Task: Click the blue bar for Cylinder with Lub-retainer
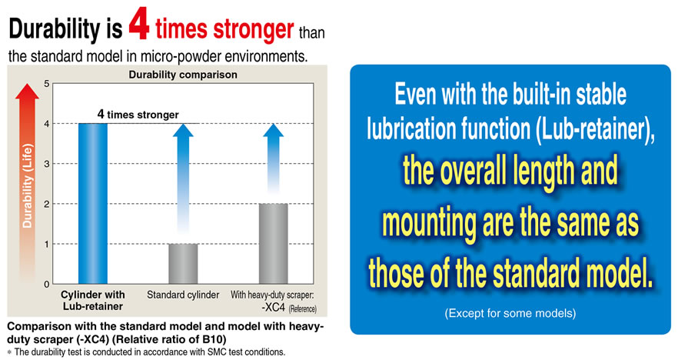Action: [x=93, y=203]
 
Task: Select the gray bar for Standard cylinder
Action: [x=183, y=264]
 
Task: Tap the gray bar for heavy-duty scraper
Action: [x=274, y=244]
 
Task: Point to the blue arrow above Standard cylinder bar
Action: [x=183, y=179]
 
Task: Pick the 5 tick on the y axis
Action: [x=47, y=84]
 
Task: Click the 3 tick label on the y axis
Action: [x=47, y=164]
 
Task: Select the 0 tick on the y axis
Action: [x=47, y=285]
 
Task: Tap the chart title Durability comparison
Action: [x=183, y=75]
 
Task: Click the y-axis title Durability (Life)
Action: [x=27, y=186]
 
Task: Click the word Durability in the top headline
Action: [x=54, y=28]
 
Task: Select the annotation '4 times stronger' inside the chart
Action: [x=138, y=115]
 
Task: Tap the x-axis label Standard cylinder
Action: [x=183, y=295]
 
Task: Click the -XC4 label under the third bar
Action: [x=274, y=308]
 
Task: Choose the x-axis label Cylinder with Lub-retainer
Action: [x=93, y=300]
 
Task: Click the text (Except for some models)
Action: [x=510, y=313]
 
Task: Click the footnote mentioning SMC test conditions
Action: [x=146, y=352]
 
